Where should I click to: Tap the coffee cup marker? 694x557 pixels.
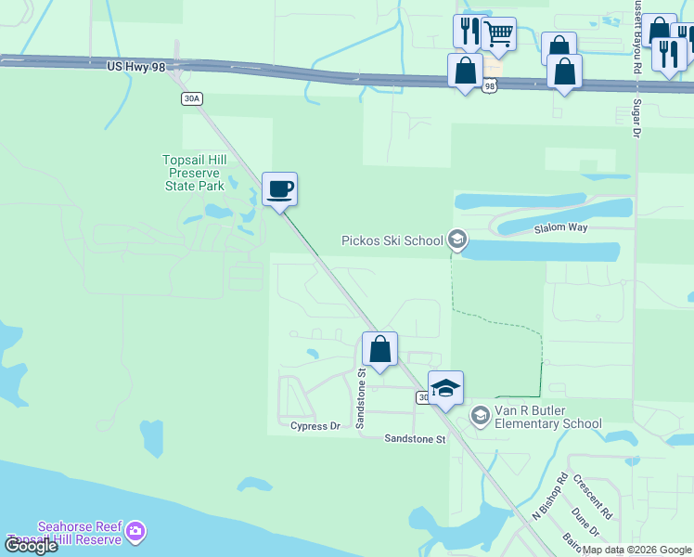[x=279, y=190]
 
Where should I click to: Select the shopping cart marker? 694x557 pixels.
[x=498, y=35]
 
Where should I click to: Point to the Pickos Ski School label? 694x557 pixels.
[x=392, y=240]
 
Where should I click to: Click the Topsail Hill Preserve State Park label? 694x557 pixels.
[x=194, y=173]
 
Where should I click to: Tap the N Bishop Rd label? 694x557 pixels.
[x=549, y=497]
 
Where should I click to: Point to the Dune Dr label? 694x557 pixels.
[x=585, y=523]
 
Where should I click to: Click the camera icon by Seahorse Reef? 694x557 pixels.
[x=136, y=530]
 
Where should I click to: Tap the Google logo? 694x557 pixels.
[x=31, y=546]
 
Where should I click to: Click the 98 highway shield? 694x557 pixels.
[x=489, y=86]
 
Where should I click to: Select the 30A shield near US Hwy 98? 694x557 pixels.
[x=191, y=98]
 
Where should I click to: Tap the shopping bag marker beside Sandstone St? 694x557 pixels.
[x=379, y=351]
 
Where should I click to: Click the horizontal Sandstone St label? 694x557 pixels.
[x=417, y=438]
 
